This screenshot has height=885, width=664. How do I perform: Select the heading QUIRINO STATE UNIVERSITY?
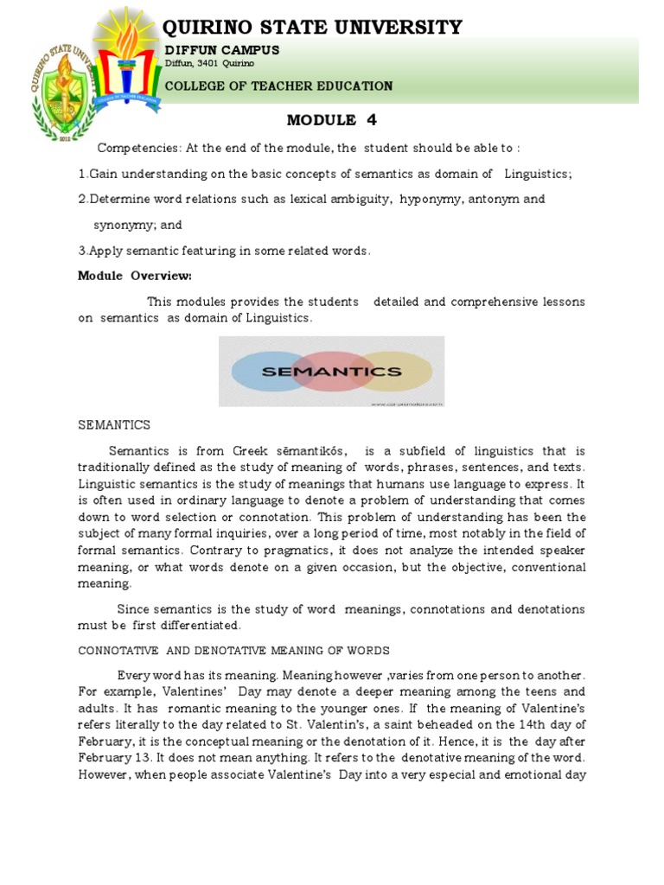313,28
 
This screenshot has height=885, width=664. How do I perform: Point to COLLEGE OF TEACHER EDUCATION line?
278,86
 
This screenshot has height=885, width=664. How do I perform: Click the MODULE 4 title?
332,120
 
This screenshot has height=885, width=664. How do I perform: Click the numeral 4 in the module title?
371,120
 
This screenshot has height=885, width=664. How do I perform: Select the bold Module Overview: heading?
134,276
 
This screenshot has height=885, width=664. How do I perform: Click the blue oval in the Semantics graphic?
259,372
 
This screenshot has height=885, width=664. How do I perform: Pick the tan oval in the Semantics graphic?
406,372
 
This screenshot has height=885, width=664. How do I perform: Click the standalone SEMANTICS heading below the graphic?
114,424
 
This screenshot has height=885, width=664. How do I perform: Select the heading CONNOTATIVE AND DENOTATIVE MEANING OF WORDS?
233,650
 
